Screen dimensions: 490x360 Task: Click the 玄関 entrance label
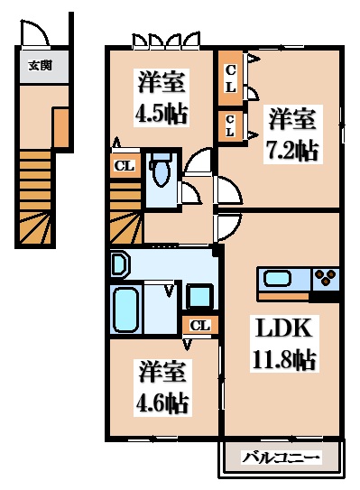40,65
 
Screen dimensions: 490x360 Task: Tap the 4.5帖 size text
162,116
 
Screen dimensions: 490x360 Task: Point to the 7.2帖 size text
291,150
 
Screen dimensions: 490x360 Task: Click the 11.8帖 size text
282,359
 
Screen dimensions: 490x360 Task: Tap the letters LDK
282,326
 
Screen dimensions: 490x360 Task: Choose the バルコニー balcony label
282,458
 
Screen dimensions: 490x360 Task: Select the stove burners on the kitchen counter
325,277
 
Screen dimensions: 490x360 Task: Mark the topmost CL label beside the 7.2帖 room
231,77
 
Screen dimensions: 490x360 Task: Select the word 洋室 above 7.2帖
291,118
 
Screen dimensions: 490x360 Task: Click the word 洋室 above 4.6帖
162,369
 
